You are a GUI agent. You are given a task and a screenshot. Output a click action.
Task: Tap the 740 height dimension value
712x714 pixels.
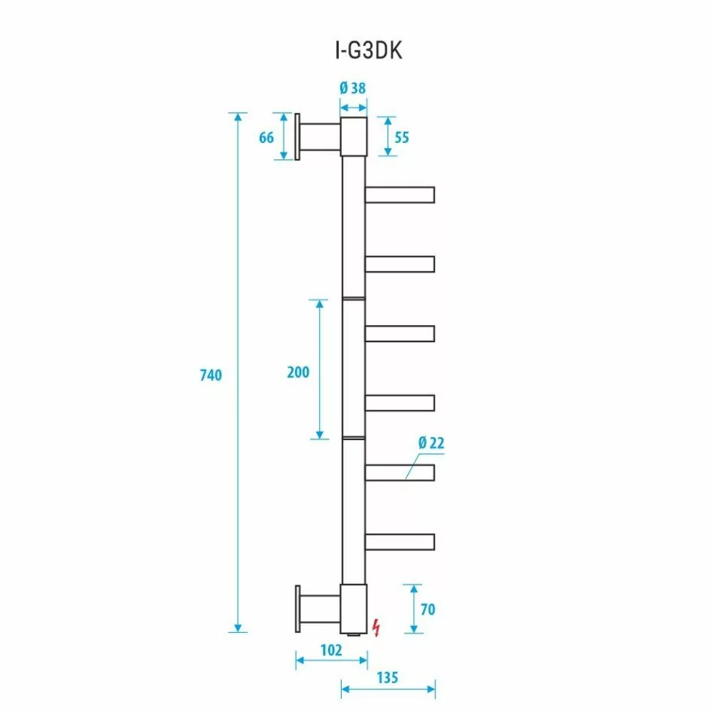pyautogui.click(x=211, y=375)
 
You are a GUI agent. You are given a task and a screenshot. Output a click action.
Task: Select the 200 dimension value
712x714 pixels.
pyautogui.click(x=298, y=372)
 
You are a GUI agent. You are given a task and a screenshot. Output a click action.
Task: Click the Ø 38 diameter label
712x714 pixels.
pyautogui.click(x=353, y=88)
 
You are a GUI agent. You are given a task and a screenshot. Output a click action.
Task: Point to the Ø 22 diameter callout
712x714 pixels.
pyautogui.click(x=431, y=443)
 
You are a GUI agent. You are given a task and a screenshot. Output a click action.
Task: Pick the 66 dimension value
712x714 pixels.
pyautogui.click(x=266, y=137)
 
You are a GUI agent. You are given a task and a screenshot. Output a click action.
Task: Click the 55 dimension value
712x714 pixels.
pyautogui.click(x=402, y=137)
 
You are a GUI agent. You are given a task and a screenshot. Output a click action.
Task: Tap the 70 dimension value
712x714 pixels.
pyautogui.click(x=428, y=609)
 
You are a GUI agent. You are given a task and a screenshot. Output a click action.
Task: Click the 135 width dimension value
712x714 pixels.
pyautogui.click(x=387, y=677)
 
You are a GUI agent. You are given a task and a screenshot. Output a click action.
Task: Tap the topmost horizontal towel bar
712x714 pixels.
pyautogui.click(x=400, y=196)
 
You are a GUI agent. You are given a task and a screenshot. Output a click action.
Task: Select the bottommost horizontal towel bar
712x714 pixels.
pyautogui.click(x=400, y=542)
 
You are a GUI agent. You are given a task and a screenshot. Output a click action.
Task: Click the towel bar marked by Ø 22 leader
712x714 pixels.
pyautogui.click(x=400, y=472)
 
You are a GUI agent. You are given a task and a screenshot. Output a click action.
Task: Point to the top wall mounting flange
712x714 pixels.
pyautogui.click(x=299, y=137)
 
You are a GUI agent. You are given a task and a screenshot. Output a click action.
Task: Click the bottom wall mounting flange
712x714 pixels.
pyautogui.click(x=299, y=609)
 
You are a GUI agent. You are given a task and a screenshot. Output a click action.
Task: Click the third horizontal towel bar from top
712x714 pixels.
pyautogui.click(x=400, y=333)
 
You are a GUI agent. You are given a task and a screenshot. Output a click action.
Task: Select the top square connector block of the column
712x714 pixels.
pyautogui.click(x=354, y=137)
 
